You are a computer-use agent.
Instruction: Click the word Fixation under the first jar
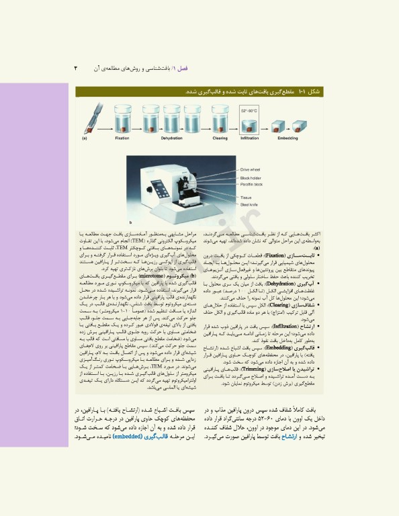[x=122, y=137]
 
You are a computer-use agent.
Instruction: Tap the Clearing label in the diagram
[x=219, y=137]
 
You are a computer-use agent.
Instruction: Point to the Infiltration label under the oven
[x=249, y=137]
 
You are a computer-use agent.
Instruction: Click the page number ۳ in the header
[x=76, y=69]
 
